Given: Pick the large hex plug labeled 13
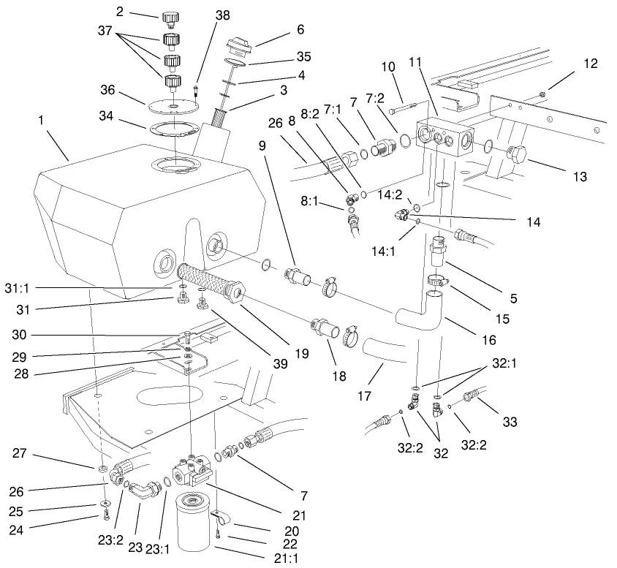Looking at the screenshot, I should coord(517,156).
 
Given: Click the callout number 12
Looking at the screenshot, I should coord(591,64).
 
